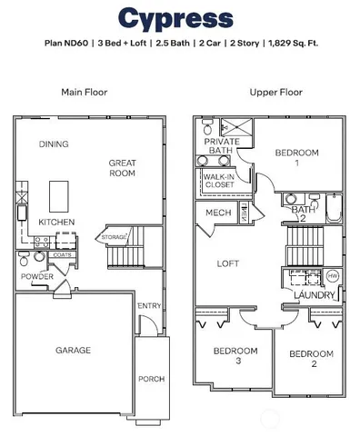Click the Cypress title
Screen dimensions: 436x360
pyautogui.click(x=175, y=18)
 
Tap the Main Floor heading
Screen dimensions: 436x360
pyautogui.click(x=84, y=92)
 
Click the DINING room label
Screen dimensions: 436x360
pyautogui.click(x=54, y=144)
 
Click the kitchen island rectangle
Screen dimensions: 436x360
pyautogui.click(x=60, y=193)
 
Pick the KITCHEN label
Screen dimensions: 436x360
pyautogui.click(x=55, y=222)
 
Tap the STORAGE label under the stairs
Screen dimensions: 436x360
pyautogui.click(x=115, y=237)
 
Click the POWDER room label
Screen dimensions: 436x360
pyautogui.click(x=38, y=276)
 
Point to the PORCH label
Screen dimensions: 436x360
pyautogui.click(x=150, y=380)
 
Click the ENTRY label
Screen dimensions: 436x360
pyautogui.click(x=149, y=306)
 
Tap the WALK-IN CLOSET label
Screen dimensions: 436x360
pyautogui.click(x=219, y=181)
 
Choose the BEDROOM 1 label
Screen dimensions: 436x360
pyautogui.click(x=295, y=159)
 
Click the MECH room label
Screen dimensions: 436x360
pyautogui.click(x=217, y=213)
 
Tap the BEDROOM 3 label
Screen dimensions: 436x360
pyautogui.click(x=227, y=355)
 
